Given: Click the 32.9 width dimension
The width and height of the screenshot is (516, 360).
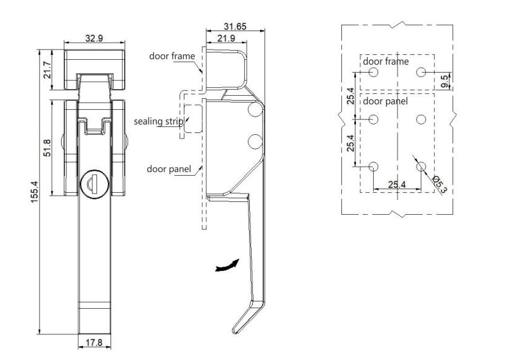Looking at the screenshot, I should point(94,38).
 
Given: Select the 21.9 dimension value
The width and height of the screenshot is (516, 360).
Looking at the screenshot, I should point(227,38).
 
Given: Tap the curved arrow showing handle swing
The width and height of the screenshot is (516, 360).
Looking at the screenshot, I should point(226,266).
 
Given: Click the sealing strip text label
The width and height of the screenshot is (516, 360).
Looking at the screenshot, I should point(158,121).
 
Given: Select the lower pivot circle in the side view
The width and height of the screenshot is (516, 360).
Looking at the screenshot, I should point(255,142).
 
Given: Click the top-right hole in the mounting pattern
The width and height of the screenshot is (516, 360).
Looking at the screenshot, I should point(421,72).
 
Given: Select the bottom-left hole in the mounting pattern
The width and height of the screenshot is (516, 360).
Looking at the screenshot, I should point(374,166).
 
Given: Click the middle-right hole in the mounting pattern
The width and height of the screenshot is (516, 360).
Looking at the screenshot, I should point(421,119).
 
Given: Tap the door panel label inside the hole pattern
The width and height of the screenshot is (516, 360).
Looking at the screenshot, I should point(385,101).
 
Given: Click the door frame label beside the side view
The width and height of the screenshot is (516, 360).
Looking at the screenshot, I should point(172,56).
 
